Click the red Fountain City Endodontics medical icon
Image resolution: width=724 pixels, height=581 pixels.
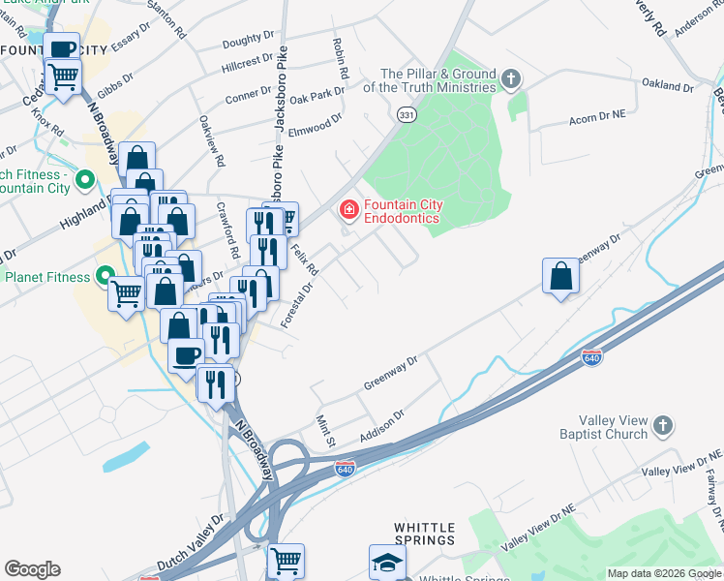click(x=347, y=209)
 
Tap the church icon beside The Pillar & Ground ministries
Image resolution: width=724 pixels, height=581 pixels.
click(x=512, y=77)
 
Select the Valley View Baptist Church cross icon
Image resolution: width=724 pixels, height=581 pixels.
click(x=663, y=425)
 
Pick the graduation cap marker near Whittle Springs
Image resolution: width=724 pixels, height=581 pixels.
click(x=388, y=562)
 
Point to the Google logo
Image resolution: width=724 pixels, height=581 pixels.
click(x=32, y=569)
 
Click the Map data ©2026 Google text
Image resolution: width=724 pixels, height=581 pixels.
click(x=663, y=573)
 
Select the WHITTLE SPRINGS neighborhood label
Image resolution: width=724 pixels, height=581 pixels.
click(x=425, y=533)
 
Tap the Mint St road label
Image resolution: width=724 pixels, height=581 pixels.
click(x=325, y=432)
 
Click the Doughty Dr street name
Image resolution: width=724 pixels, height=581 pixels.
click(x=248, y=39)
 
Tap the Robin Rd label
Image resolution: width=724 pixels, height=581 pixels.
click(x=340, y=59)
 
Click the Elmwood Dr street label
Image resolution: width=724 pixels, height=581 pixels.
click(x=317, y=124)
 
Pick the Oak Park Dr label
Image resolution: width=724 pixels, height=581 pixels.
click(x=317, y=98)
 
